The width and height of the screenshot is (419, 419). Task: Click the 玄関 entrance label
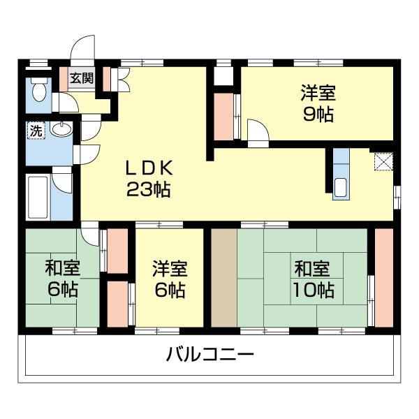[80, 78]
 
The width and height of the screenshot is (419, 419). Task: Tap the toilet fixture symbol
[38, 91]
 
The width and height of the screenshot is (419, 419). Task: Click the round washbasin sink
[61, 130]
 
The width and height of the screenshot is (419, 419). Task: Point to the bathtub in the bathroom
[38, 196]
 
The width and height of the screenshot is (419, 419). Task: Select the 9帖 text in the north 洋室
[318, 115]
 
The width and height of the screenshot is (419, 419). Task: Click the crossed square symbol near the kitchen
[383, 162]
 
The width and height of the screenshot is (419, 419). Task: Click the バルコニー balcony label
[209, 354]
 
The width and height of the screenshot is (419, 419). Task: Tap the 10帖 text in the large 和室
[313, 289]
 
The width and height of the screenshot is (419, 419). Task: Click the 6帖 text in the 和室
[62, 289]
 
